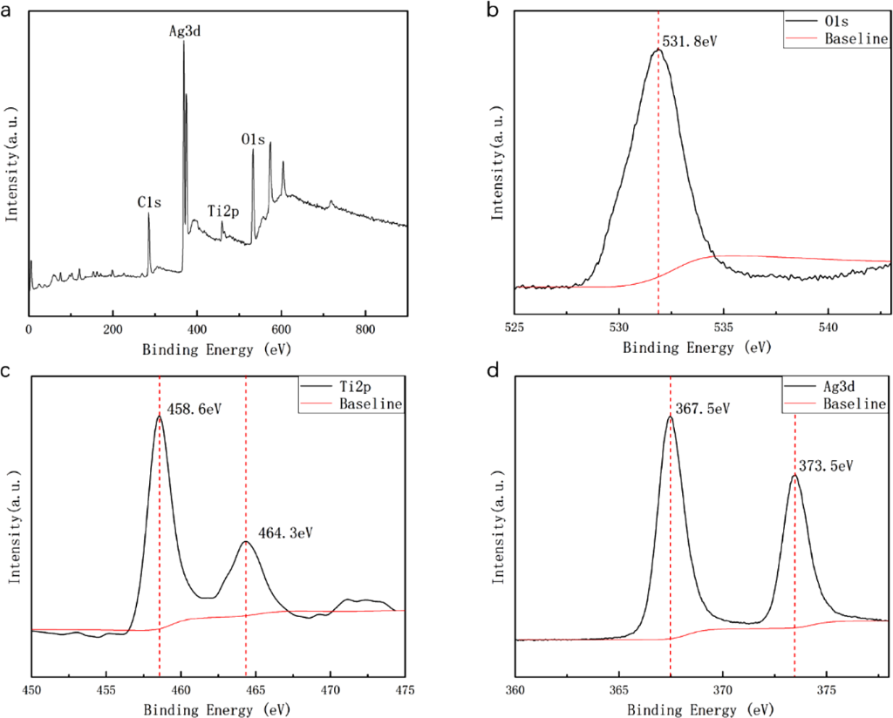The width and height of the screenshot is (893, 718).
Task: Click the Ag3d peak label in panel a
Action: tap(186, 31)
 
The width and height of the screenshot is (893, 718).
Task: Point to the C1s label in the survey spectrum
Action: tap(147, 201)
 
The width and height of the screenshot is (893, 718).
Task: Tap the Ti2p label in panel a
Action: tap(224, 211)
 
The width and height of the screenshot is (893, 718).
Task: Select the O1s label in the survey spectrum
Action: tap(255, 139)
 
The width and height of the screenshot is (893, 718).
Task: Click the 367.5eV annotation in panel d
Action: tap(703, 407)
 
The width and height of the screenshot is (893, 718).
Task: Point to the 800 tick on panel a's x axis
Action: tap(365, 330)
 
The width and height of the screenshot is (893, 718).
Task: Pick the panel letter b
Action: tap(492, 11)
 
